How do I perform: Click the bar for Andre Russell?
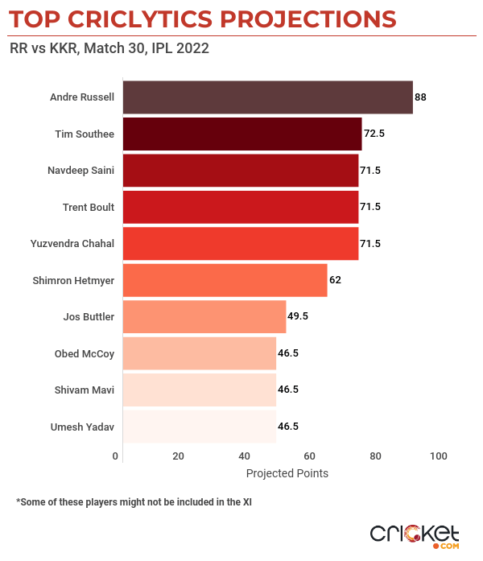coord(267,97)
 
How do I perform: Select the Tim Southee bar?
coord(242,134)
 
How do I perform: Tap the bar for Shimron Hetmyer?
coord(225,280)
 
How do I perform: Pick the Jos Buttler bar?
coord(204,316)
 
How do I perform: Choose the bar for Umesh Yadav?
coord(200,427)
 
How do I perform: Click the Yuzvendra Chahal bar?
coord(240,243)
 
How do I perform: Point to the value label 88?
coord(420,97)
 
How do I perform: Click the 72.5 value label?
coord(374,134)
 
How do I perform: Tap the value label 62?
coord(336,280)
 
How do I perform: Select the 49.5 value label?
coord(299,316)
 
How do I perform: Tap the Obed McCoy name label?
coord(85,353)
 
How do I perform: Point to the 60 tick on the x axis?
coord(309,456)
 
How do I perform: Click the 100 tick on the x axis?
coord(438,456)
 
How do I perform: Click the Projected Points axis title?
coord(287,473)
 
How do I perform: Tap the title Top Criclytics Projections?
coord(202,18)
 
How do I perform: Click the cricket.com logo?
coord(414,534)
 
